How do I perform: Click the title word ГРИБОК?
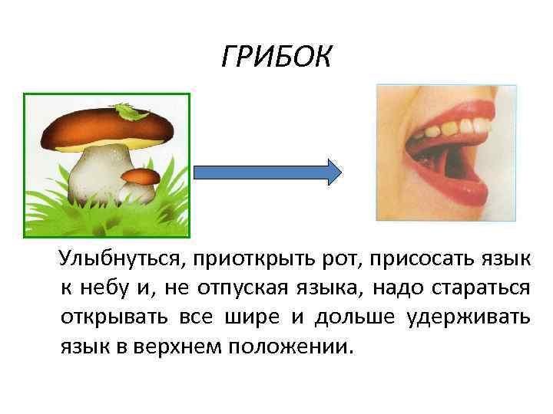click(x=276, y=57)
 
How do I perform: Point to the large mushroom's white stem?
click(x=96, y=172)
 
